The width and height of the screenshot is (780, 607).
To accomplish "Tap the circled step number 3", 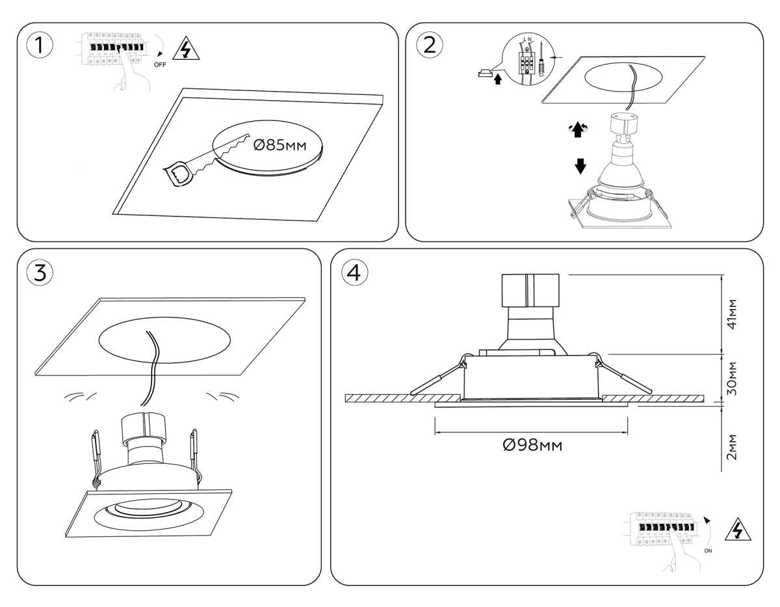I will coord(40,273).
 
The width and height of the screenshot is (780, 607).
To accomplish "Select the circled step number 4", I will coord(354,273).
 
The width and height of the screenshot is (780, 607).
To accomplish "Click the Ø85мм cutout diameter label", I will coord(278,144).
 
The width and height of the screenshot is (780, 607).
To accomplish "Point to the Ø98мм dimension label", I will coord(532,445).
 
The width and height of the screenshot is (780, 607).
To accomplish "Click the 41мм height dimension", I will coord(732,315).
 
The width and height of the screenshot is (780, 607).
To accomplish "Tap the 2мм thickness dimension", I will coord(732,447).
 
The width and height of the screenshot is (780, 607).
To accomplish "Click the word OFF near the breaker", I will coord(160,65).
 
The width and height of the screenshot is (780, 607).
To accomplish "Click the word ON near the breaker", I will coord(708,550).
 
